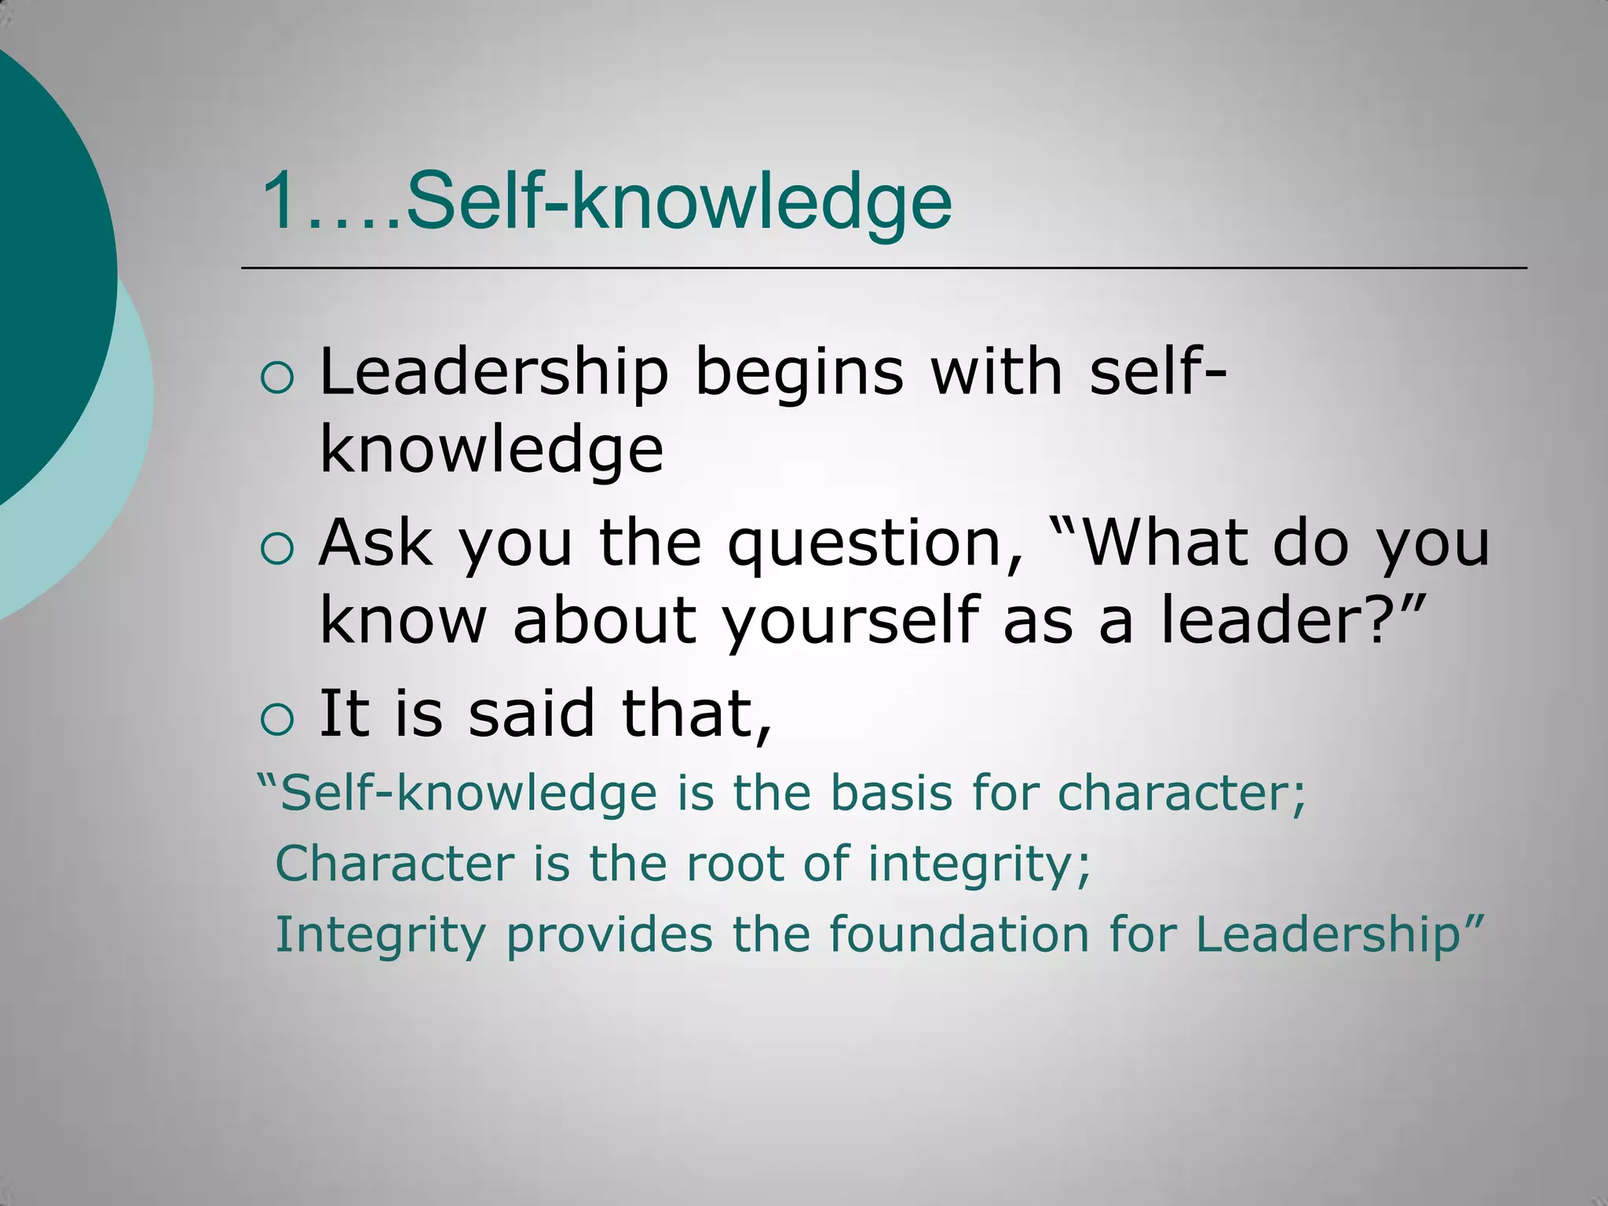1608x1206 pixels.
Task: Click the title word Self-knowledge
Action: coord(678,202)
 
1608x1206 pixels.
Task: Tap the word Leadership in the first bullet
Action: coord(494,372)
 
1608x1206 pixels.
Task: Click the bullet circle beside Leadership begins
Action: coord(276,379)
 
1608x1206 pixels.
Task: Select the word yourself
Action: coord(851,621)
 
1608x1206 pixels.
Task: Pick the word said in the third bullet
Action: coord(532,713)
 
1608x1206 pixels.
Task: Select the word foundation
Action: coord(959,934)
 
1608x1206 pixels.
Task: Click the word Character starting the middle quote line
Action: coord(395,864)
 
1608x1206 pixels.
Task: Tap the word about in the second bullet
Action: coord(604,619)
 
